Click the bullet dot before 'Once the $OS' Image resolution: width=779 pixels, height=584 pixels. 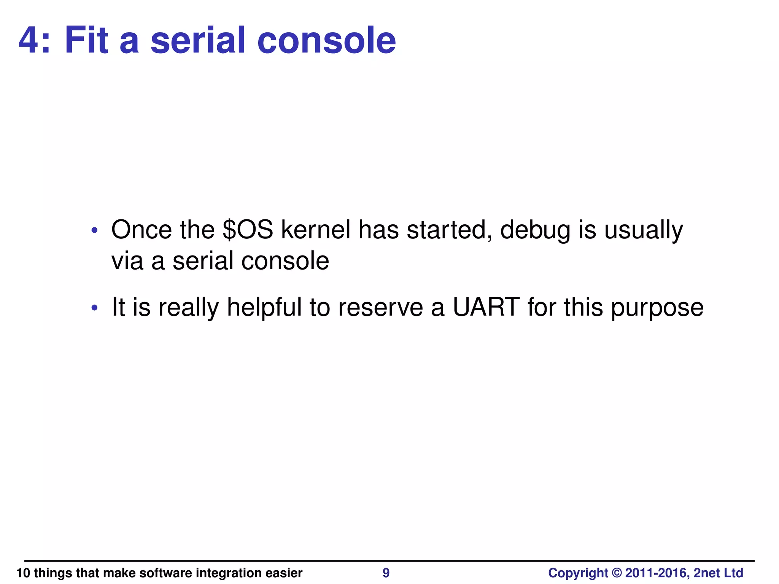95,230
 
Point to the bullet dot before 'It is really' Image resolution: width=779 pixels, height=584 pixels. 95,308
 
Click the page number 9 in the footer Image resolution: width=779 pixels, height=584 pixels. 386,573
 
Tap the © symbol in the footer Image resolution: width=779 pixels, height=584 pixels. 617,573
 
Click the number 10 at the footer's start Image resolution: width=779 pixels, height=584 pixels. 23,573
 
